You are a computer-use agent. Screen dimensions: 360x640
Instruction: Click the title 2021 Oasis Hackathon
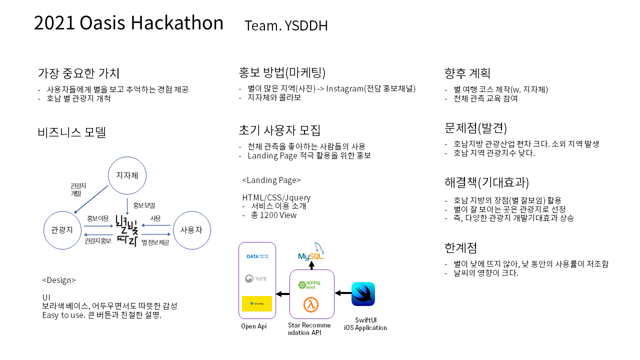pos(128,23)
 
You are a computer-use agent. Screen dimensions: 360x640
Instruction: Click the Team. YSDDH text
pos(286,25)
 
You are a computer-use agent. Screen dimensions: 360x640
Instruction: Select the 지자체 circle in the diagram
pos(127,175)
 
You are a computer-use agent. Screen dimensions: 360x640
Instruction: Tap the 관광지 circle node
pos(62,230)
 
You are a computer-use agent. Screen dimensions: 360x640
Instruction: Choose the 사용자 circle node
pos(191,230)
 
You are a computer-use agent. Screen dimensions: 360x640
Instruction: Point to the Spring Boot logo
pos(309,284)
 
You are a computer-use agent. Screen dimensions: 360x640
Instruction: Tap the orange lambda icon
pos(311,304)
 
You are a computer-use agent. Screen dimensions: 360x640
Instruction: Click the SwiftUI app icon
pos(363,294)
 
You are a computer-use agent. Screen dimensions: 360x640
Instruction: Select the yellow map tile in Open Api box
pos(256,303)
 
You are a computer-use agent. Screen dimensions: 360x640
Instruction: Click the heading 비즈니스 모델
pos(72,132)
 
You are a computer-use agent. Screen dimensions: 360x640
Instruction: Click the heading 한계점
pos(460,247)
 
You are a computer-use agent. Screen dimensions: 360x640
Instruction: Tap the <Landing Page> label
pos(271,180)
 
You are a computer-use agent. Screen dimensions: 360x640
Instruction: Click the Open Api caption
pos(254,326)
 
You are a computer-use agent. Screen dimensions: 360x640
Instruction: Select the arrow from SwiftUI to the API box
pos(343,293)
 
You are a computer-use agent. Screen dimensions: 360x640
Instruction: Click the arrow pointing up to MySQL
pos(311,265)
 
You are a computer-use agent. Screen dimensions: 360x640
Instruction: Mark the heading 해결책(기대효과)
pos(486,181)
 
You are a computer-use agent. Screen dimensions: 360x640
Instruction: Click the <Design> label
pos(59,280)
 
